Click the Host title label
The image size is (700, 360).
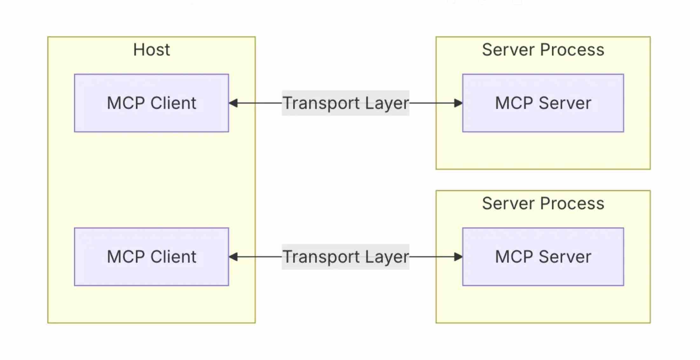click(151, 50)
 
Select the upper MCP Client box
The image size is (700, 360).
click(151, 103)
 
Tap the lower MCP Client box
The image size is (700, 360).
click(151, 257)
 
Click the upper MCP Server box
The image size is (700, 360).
click(543, 103)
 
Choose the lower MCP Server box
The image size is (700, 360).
click(543, 257)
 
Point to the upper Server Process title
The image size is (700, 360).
click(543, 50)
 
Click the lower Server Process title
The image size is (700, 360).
click(543, 203)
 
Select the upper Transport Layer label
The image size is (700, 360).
click(346, 103)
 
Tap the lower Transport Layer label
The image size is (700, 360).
click(346, 257)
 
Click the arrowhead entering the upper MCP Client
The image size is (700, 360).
click(233, 103)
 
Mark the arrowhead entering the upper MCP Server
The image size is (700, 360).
click(458, 103)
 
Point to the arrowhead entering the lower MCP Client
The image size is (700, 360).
click(233, 257)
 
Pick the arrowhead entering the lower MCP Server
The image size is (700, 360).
click(458, 257)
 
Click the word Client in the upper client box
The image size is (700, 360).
click(173, 103)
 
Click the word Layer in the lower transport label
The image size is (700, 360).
click(387, 257)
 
